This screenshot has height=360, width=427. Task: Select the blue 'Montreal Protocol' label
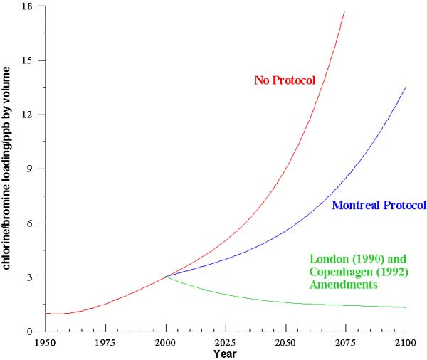pyautogui.click(x=378, y=206)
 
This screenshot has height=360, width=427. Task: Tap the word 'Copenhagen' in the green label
pyautogui.click(x=338, y=271)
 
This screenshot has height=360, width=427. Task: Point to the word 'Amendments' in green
pyautogui.click(x=344, y=284)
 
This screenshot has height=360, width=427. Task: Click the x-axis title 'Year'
pyautogui.click(x=226, y=353)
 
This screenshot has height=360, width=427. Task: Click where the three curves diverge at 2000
pyautogui.click(x=166, y=276)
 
